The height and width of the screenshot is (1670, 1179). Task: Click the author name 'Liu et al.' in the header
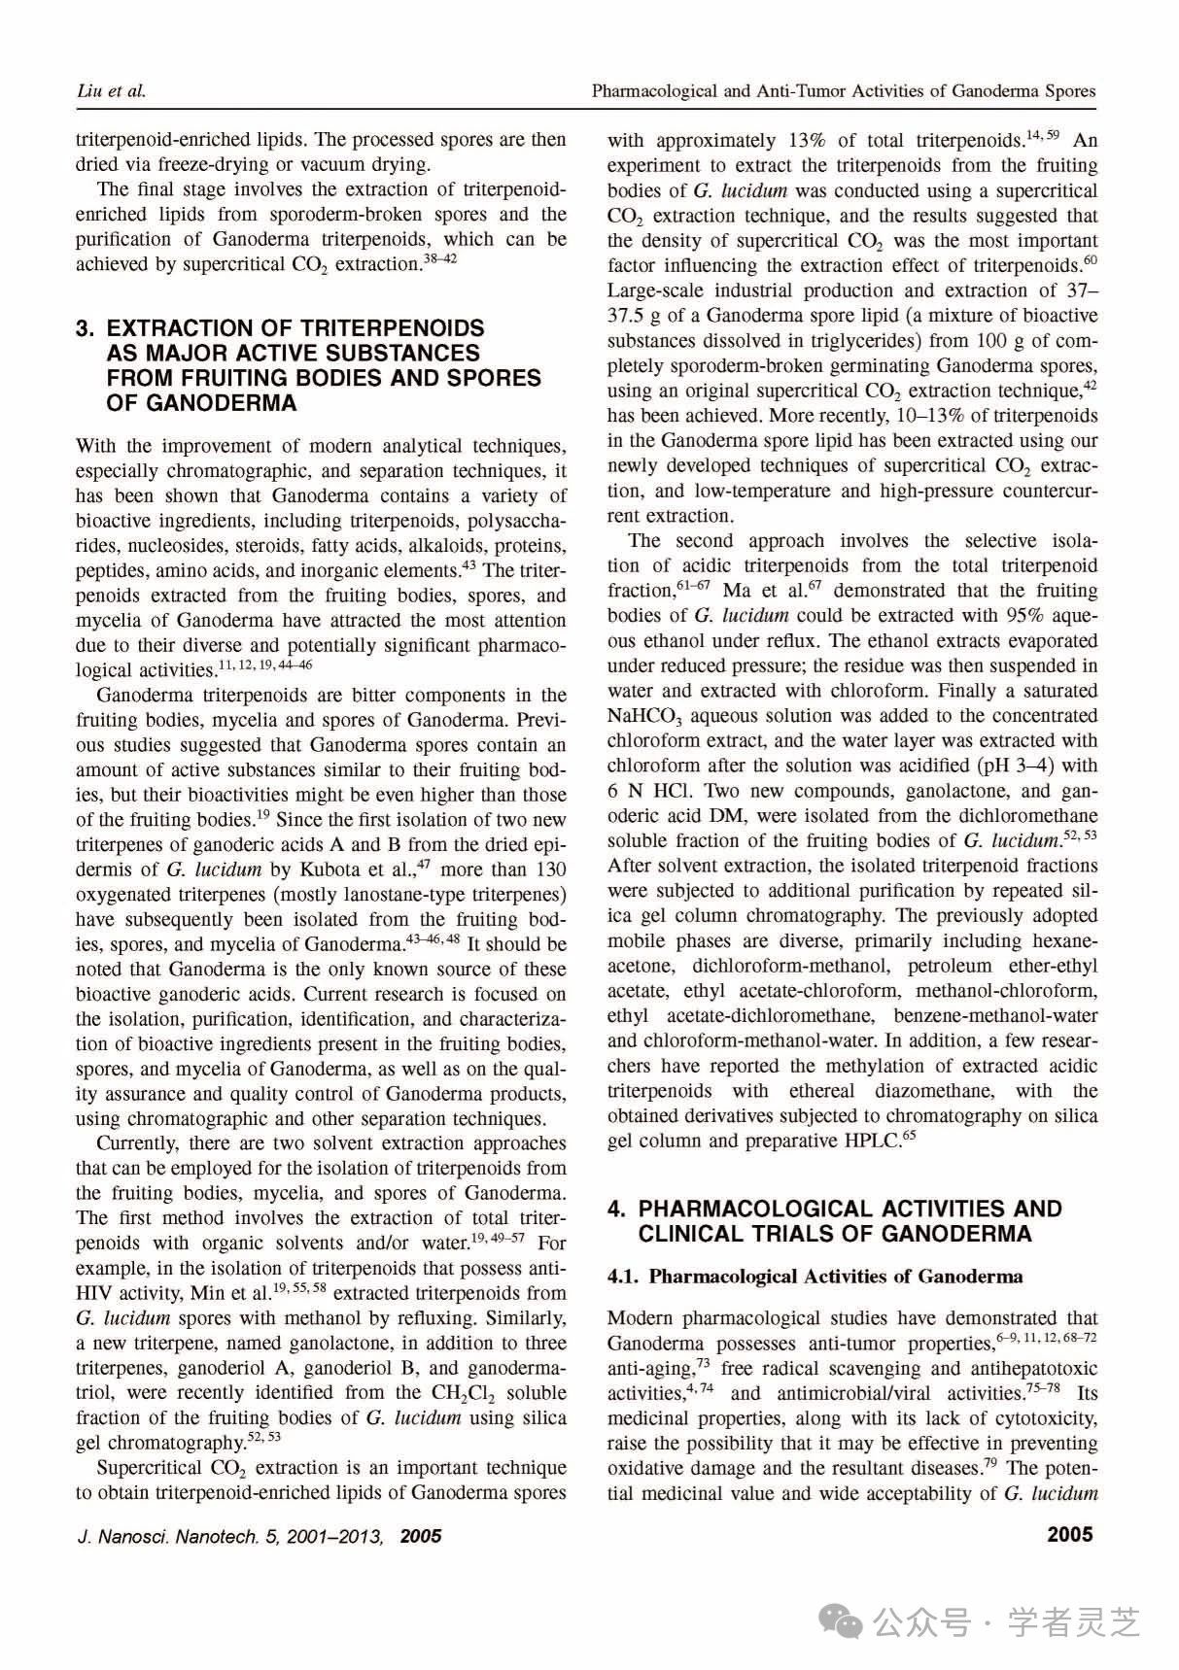[x=110, y=91]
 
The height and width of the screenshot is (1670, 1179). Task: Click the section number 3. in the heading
[x=86, y=328]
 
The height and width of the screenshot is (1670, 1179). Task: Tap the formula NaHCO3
[x=648, y=716]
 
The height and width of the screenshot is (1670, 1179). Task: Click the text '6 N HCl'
[x=648, y=790]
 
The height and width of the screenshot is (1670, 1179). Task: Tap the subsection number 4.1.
[x=623, y=1277]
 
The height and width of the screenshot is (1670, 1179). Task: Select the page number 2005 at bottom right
[x=1069, y=1535]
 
